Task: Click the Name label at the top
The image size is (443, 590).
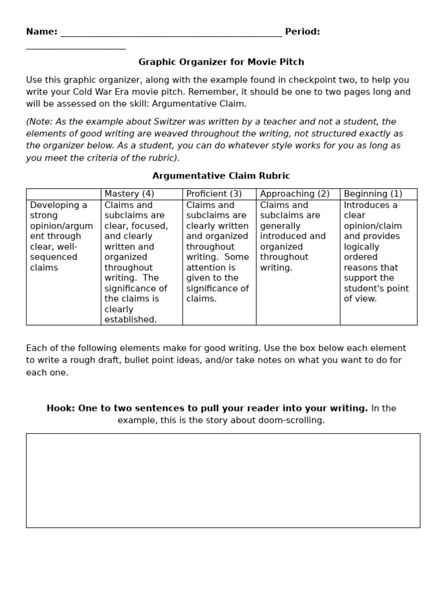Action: [x=41, y=32]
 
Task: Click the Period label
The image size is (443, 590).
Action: [x=302, y=32]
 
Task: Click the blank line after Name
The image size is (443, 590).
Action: [x=171, y=33]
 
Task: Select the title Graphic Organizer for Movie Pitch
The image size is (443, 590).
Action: [x=221, y=62]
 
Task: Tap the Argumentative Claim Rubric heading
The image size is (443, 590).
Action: [x=221, y=176]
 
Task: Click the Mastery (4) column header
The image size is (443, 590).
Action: [x=129, y=194]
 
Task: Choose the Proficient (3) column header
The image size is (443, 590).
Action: [x=214, y=194]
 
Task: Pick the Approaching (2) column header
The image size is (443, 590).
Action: [x=295, y=194]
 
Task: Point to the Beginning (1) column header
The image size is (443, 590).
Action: [x=373, y=194]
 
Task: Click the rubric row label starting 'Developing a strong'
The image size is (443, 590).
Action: [x=61, y=236]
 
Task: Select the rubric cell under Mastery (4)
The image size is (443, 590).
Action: [x=136, y=262]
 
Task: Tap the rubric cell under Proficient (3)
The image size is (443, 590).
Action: [x=217, y=252]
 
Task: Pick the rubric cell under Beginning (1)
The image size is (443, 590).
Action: [x=376, y=252]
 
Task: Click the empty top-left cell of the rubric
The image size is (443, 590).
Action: [x=63, y=194]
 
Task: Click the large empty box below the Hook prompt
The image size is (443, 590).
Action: [x=223, y=480]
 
